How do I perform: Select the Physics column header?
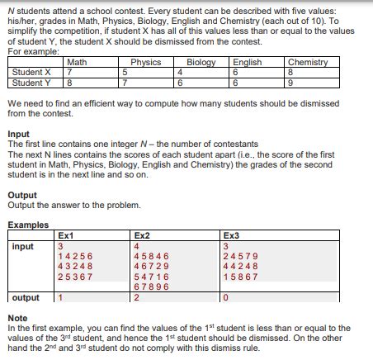tap(146, 62)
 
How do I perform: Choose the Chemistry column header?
tap(308, 62)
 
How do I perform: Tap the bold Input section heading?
tap(18, 134)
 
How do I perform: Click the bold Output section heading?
tap(21, 196)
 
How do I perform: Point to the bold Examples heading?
tap(28, 225)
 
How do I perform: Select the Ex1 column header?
tap(64, 234)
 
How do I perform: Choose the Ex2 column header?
tap(141, 234)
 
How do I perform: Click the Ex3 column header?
tap(233, 234)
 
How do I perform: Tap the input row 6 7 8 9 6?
tap(151, 286)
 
